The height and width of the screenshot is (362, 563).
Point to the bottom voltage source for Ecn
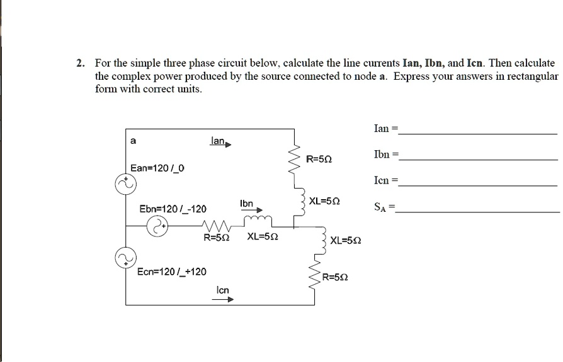coord(124,257)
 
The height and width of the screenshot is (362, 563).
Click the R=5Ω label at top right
coord(319,160)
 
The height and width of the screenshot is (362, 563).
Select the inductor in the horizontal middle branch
coord(258,219)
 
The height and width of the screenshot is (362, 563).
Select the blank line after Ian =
coord(479,134)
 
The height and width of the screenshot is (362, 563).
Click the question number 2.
coord(80,63)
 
